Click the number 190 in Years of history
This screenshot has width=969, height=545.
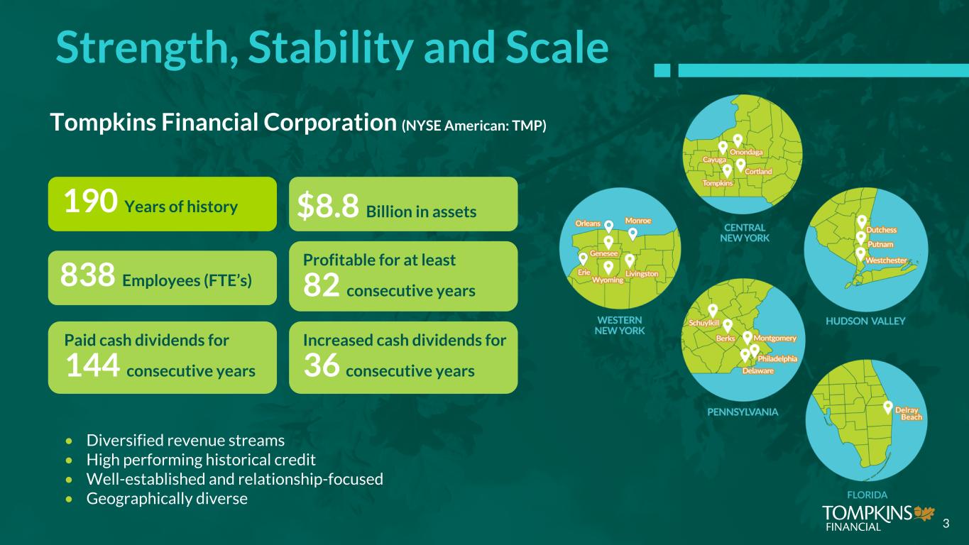[90, 202]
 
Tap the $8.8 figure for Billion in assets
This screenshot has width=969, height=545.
[328, 206]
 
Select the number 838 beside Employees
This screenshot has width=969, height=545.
[87, 275]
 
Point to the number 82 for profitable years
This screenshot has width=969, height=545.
[321, 285]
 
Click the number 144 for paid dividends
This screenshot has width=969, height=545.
[92, 365]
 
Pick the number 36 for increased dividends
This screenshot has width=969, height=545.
[322, 365]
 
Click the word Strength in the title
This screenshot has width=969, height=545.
[147, 48]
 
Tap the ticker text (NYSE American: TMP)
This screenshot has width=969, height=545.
[473, 126]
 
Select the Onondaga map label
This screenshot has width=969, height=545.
[746, 153]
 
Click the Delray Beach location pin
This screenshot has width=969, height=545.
[887, 407]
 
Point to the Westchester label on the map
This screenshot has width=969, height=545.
[886, 260]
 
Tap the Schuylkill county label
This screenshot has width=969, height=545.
[704, 323]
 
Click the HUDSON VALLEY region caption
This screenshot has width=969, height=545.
[865, 321]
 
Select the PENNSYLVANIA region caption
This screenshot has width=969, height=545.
[743, 412]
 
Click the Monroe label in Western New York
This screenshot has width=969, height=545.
[637, 221]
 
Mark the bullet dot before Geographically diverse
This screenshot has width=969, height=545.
[70, 499]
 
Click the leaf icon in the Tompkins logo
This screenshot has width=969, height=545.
[924, 514]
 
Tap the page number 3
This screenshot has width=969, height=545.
[946, 524]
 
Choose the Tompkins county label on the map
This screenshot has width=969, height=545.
[718, 183]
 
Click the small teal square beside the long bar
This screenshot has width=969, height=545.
[662, 70]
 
